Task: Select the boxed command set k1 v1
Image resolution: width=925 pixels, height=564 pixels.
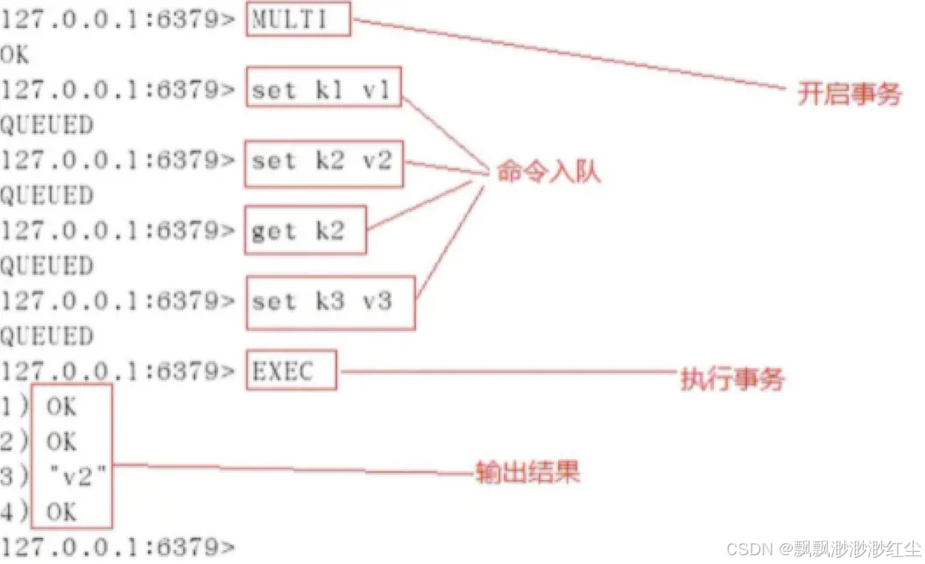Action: pyautogui.click(x=323, y=89)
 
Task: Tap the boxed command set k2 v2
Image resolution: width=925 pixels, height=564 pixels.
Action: pyautogui.click(x=324, y=161)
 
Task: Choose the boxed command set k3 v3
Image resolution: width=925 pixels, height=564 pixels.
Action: pyautogui.click(x=330, y=303)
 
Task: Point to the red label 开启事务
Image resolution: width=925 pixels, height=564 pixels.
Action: pyautogui.click(x=849, y=94)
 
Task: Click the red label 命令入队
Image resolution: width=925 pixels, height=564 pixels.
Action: pyautogui.click(x=548, y=172)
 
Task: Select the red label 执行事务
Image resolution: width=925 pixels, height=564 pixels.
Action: pyautogui.click(x=732, y=379)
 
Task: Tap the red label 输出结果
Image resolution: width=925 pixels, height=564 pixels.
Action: pyautogui.click(x=527, y=474)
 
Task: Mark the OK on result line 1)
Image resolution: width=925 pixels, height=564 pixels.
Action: pyautogui.click(x=61, y=406)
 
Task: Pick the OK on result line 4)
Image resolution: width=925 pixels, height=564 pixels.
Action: pyautogui.click(x=61, y=512)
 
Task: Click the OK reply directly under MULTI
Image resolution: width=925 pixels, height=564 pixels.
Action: pyautogui.click(x=15, y=54)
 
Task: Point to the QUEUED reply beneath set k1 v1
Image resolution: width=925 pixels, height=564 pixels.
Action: pyautogui.click(x=46, y=125)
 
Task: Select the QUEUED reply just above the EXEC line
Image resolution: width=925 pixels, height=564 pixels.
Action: pyautogui.click(x=46, y=337)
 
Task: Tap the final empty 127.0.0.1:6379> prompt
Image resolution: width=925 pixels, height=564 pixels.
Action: pyautogui.click(x=118, y=547)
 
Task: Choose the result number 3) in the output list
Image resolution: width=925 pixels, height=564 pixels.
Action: pyautogui.click(x=13, y=477)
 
